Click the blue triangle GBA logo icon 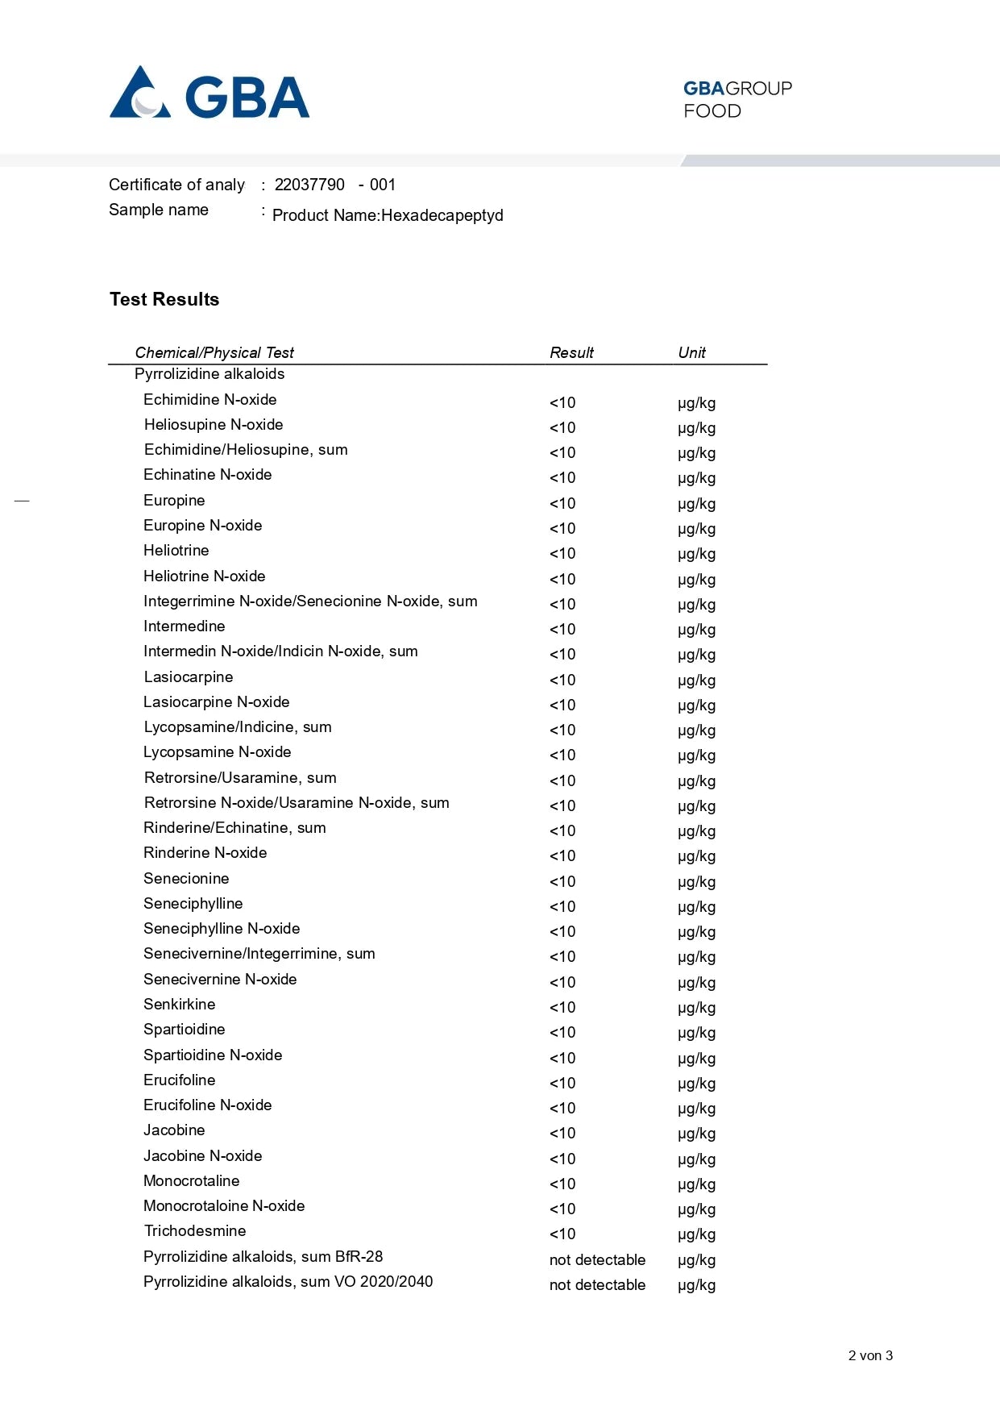(x=140, y=94)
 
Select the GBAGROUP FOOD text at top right (x=737, y=99)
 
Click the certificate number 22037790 (x=309, y=185)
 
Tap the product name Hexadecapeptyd (x=442, y=215)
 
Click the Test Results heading (x=164, y=299)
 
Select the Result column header (x=571, y=352)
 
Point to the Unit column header (x=691, y=352)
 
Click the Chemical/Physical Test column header (x=214, y=352)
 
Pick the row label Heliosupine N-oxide (x=214, y=425)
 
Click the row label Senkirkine (x=180, y=1005)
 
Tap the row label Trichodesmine (x=195, y=1231)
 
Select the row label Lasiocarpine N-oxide (x=217, y=702)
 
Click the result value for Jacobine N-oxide (x=562, y=1159)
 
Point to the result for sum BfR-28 (x=597, y=1260)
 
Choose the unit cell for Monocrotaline (x=696, y=1184)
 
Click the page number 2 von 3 (x=870, y=1355)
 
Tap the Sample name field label (x=159, y=210)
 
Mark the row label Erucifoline (x=180, y=1080)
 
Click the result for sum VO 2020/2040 (x=597, y=1285)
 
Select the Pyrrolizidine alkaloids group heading (x=210, y=374)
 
